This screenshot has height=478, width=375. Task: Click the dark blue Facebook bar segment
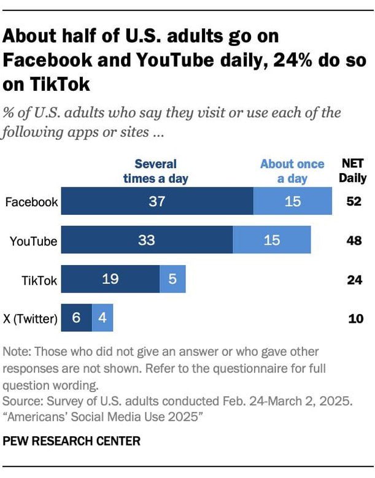[x=157, y=201]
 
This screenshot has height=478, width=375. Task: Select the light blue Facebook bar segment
[x=293, y=201]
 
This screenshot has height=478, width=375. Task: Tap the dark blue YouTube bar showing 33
[x=147, y=239]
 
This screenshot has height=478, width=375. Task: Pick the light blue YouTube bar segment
[x=272, y=239]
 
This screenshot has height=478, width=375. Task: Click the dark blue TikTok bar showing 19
[x=110, y=279]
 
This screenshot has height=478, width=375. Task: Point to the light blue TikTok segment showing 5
[x=172, y=279]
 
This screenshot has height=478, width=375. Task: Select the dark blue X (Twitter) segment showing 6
[x=77, y=318]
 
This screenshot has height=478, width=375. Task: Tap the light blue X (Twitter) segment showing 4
[x=102, y=318]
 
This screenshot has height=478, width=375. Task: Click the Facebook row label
[x=31, y=202]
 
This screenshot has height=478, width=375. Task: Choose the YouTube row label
[x=33, y=241]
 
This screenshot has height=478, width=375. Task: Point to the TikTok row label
[x=39, y=280]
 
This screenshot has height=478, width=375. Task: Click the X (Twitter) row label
[x=30, y=319]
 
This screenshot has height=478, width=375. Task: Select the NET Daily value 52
[x=354, y=201]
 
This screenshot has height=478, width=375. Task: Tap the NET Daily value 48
[x=354, y=241]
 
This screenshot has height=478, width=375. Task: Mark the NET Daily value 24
[x=355, y=280]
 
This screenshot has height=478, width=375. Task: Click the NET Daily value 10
[x=355, y=319]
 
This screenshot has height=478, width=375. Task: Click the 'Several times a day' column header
[x=156, y=171]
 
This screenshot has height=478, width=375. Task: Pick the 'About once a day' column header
[x=292, y=171]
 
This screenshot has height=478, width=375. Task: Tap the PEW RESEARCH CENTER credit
[x=72, y=441]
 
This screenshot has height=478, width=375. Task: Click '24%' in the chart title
[x=293, y=60]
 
